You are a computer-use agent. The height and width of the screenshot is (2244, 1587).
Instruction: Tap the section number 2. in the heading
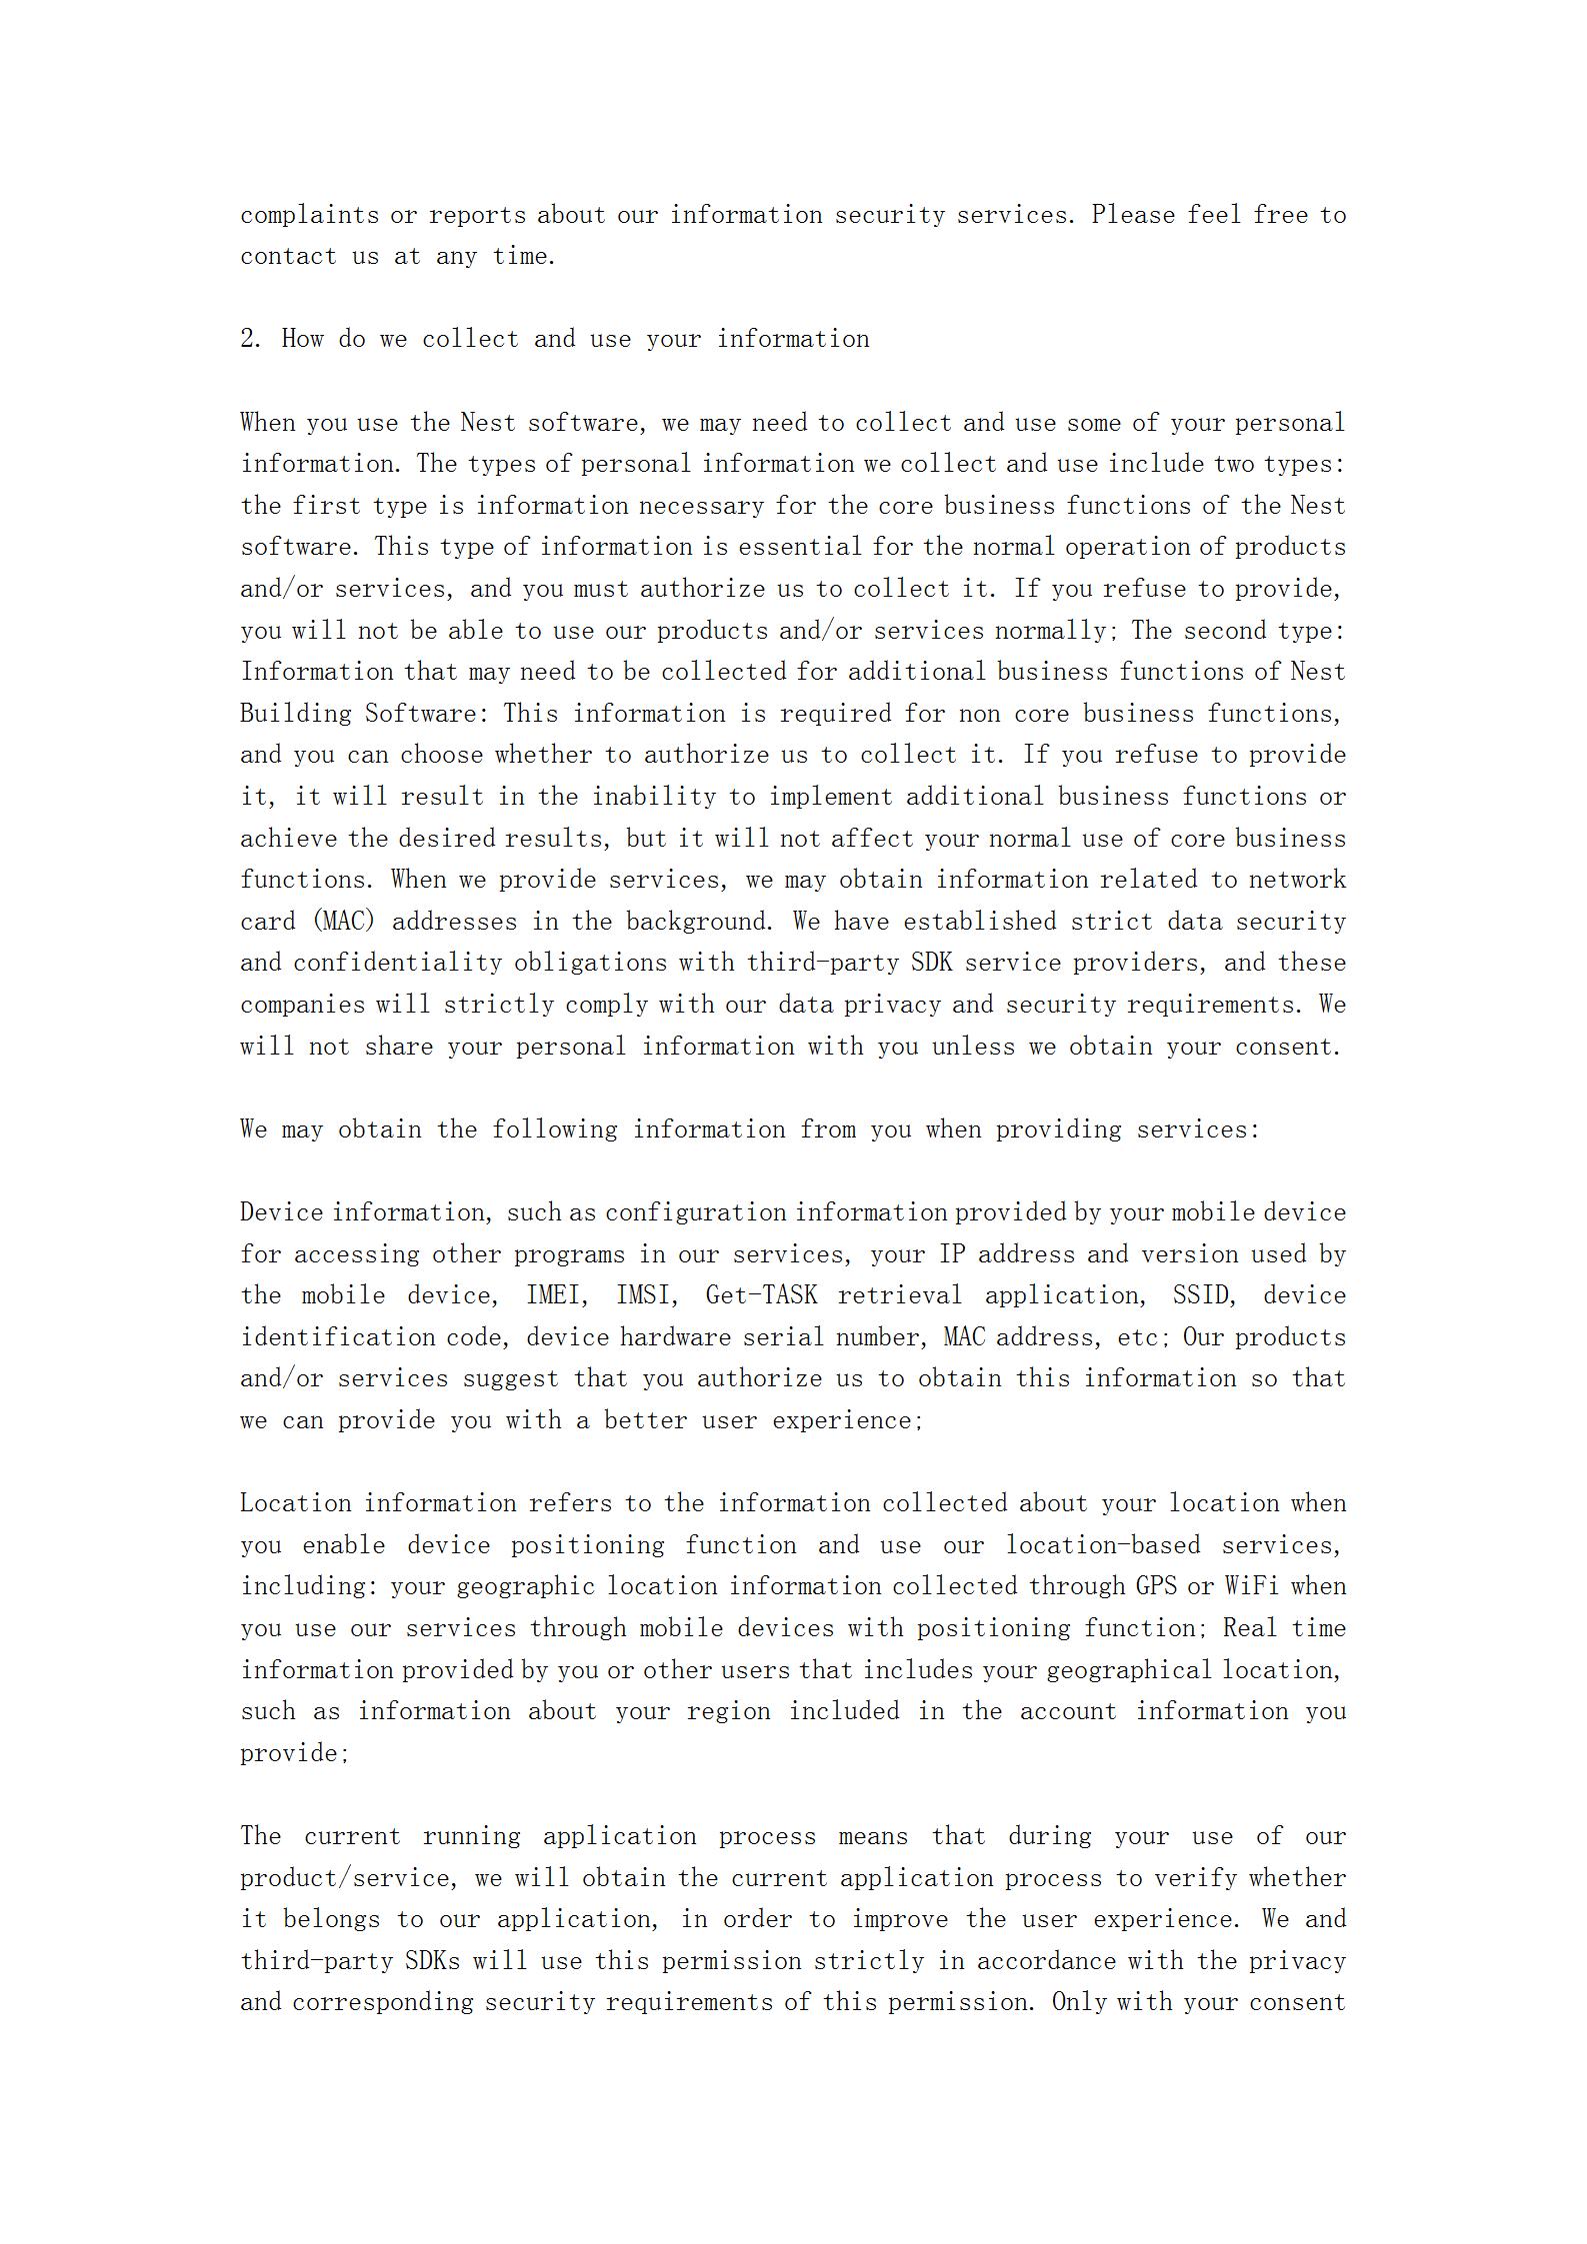pos(250,339)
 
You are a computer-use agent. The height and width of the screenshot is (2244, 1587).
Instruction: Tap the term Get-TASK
pos(761,1295)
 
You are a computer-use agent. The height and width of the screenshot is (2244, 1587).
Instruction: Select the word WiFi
pos(1249,1586)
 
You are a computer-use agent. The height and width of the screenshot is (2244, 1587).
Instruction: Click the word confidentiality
pos(397,963)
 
